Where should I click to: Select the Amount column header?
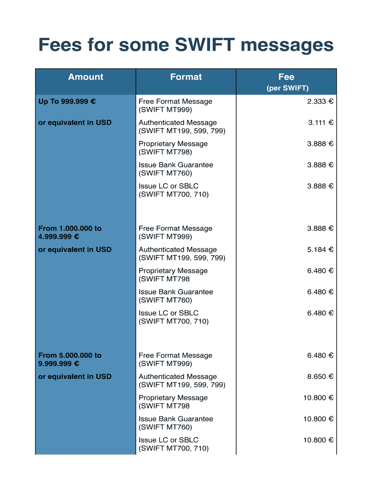click(86, 77)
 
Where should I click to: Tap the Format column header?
click(186, 77)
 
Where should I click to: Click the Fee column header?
click(286, 77)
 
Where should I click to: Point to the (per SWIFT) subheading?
click(287, 88)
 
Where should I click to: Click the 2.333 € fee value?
click(320, 102)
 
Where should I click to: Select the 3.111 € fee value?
click(321, 123)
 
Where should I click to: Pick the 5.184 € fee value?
click(320, 250)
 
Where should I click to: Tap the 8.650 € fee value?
click(320, 377)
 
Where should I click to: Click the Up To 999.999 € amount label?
click(67, 102)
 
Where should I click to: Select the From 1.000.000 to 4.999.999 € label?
click(70, 233)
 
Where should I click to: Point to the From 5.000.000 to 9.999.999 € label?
click(70, 359)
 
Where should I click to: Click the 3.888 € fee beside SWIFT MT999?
click(320, 229)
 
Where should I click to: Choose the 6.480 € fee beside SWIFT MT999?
click(320, 355)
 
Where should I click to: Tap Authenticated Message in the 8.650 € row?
click(178, 377)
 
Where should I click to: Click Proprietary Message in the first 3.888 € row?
click(173, 144)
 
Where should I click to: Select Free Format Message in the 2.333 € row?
click(175, 102)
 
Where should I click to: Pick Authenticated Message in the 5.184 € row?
click(178, 250)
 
